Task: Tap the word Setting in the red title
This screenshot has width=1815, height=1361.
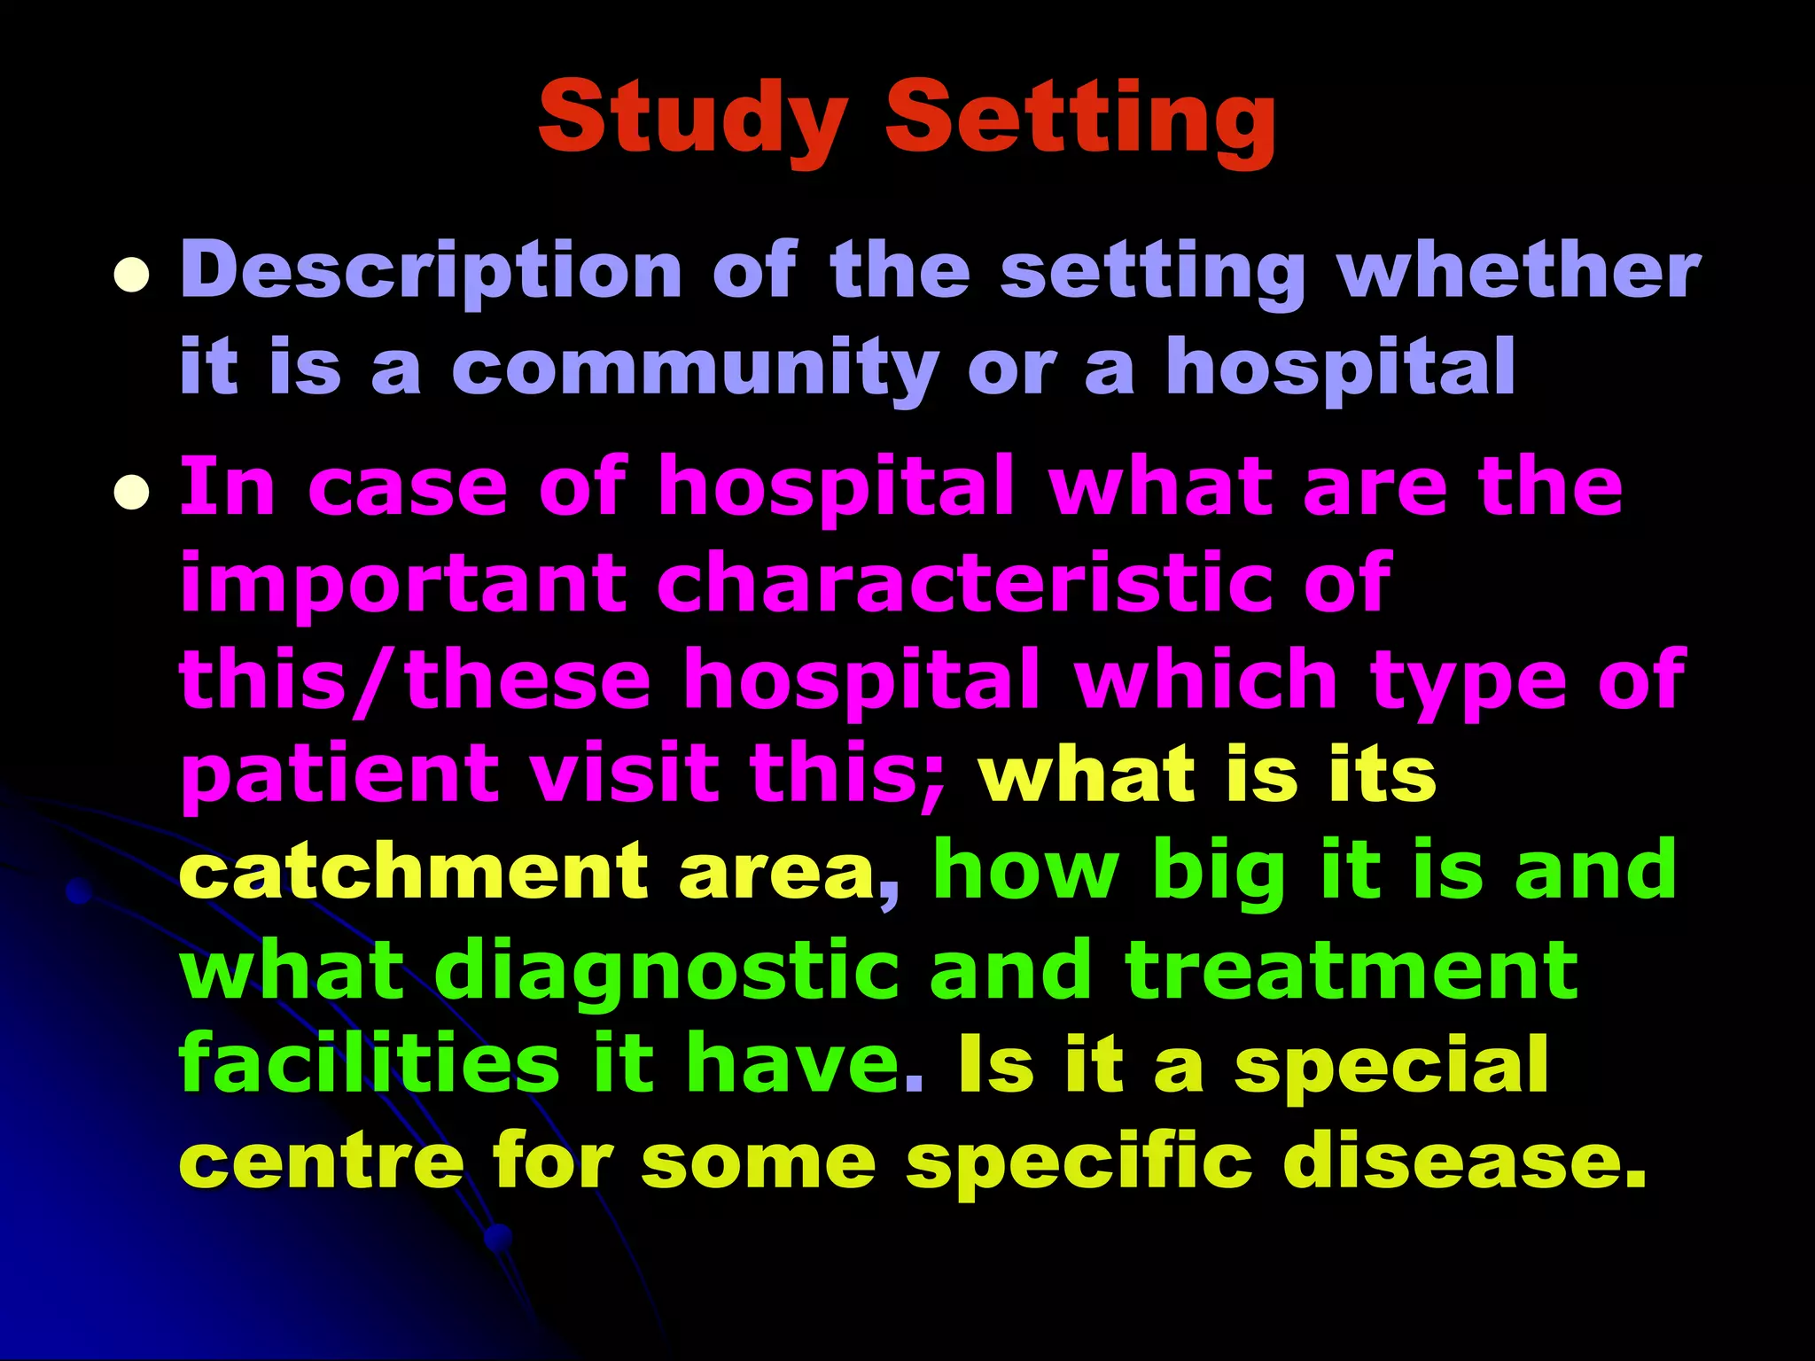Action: tap(1080, 120)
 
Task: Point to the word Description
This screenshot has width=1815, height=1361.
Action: tap(431, 273)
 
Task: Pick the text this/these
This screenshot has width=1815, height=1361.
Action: tap(415, 679)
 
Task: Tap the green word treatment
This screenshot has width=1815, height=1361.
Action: tap(1352, 968)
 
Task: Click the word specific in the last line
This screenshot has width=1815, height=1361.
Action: tap(1079, 1163)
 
